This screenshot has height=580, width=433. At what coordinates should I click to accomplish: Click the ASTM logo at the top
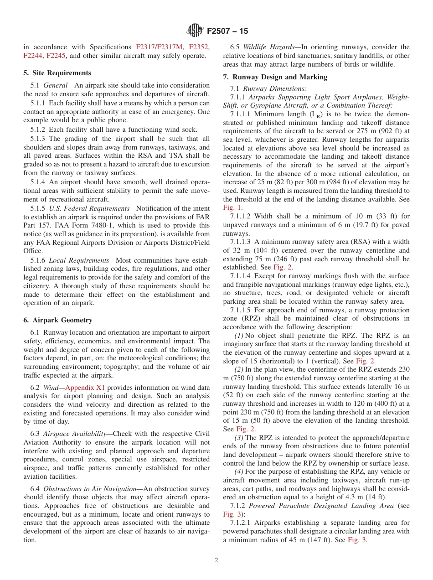[195, 31]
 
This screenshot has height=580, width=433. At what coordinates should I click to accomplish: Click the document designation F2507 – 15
[227, 31]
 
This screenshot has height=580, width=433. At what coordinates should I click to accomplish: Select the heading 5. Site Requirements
[57, 73]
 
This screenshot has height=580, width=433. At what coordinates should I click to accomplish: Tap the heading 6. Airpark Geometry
[57, 320]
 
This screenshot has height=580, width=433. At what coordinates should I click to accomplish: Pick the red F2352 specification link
[199, 47]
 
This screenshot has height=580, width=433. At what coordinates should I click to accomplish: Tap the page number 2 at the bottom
[216, 560]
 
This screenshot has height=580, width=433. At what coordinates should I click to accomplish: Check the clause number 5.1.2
[38, 129]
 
